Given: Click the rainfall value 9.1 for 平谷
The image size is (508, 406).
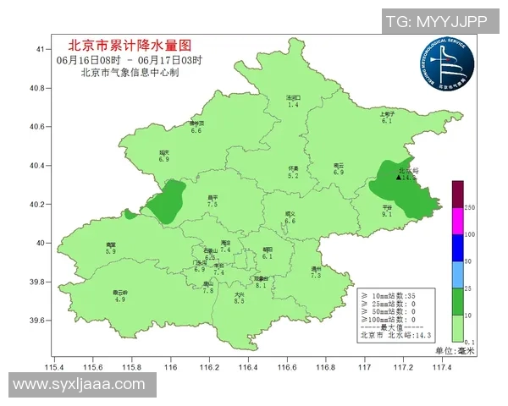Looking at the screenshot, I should point(386,215).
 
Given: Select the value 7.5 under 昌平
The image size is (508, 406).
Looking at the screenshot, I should point(213,205).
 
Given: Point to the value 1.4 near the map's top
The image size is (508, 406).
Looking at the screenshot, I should point(294,105).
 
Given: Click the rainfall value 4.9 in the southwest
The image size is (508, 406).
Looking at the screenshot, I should point(119,299).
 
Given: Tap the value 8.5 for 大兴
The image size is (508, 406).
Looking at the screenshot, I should point(239,301).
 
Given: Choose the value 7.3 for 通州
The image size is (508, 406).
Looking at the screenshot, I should point(316,276).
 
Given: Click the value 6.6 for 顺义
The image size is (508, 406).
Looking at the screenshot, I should point(290,221).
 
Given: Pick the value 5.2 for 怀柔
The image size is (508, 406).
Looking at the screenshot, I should point(293,176).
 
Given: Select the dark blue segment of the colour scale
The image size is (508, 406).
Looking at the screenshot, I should point(457,248).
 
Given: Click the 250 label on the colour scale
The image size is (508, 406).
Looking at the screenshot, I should point(470,207).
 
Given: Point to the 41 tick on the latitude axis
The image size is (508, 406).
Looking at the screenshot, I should point(40,50).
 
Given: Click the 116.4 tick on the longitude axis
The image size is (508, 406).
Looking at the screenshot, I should point(248,367).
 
